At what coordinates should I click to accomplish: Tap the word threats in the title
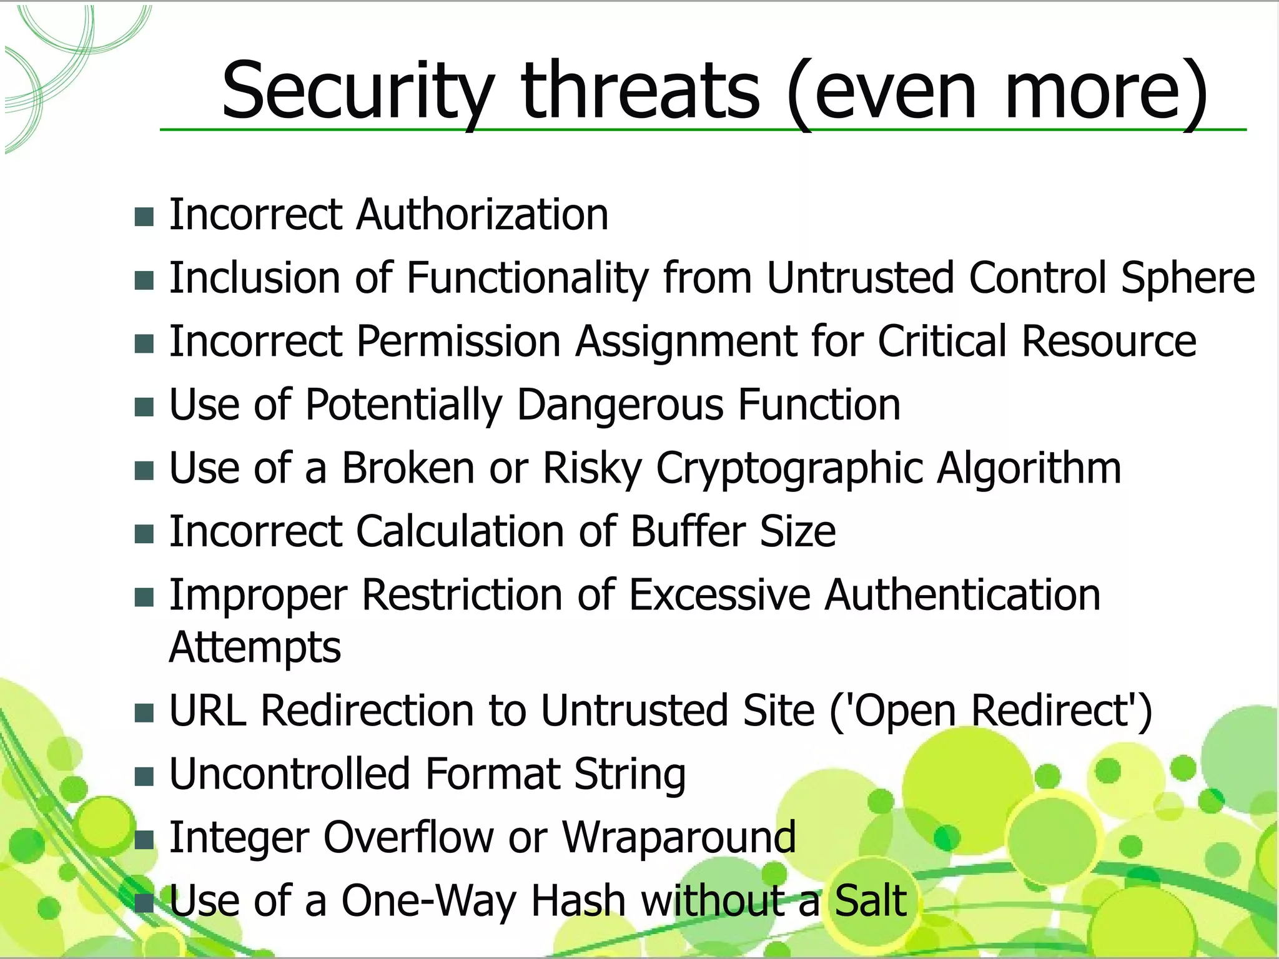point(641,91)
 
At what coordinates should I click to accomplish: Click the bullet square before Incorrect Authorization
point(144,217)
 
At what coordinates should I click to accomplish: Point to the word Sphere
point(1187,278)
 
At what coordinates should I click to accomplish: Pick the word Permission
point(458,342)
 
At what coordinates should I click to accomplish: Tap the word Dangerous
point(620,405)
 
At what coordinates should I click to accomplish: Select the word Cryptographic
point(789,469)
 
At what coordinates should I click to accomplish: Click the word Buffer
point(688,532)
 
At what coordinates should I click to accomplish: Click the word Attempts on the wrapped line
point(255,647)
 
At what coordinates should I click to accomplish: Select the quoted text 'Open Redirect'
point(990,711)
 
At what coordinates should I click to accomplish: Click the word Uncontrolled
point(289,774)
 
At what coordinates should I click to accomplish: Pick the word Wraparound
point(679,837)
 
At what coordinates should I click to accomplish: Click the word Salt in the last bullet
point(870,901)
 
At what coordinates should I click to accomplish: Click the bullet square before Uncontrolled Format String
point(144,777)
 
